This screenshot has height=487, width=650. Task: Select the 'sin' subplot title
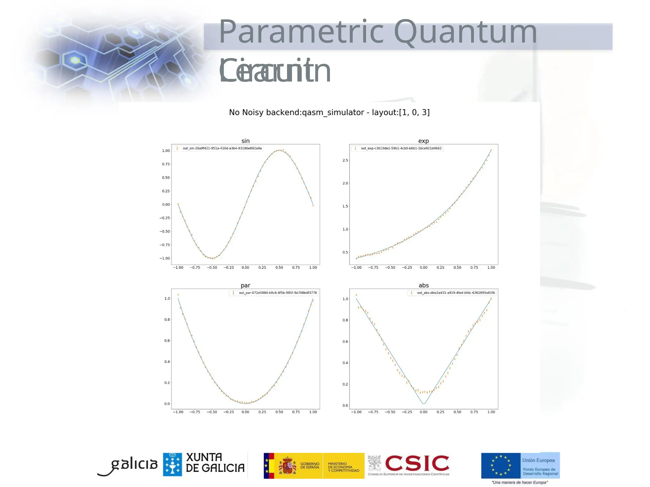click(245, 141)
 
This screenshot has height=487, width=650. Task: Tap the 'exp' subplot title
click(423, 141)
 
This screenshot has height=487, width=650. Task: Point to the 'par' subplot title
click(245, 285)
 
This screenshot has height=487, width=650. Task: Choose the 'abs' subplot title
click(423, 285)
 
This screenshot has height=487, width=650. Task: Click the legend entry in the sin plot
click(222, 148)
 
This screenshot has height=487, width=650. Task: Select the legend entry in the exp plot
click(401, 148)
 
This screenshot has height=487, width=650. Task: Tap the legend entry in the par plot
click(277, 293)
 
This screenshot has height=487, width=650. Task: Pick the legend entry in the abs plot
click(456, 293)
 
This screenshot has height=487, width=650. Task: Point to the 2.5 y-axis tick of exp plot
click(345, 160)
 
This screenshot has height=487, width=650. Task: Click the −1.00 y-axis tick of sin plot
click(165, 258)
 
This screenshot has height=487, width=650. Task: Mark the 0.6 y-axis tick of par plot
click(167, 341)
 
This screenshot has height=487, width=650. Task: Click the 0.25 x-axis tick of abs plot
click(440, 412)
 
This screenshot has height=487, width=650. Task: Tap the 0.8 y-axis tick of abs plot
click(345, 320)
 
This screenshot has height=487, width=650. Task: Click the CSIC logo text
click(417, 464)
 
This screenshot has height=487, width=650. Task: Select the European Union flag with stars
click(501, 465)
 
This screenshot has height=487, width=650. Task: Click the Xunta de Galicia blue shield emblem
click(172, 464)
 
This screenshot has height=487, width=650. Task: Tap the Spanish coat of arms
click(287, 465)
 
